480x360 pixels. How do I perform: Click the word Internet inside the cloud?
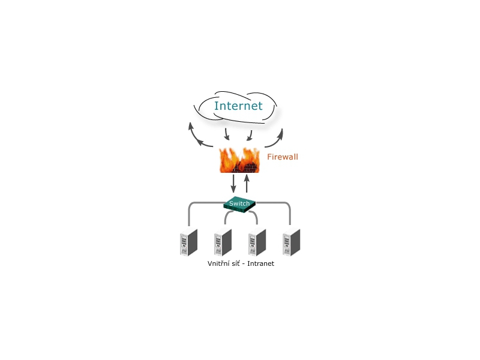pos(238,106)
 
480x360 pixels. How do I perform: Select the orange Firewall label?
pos(283,157)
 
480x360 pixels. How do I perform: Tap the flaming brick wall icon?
pos(239,160)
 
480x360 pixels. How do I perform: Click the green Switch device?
pos(239,204)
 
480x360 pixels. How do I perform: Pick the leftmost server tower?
pos(187,243)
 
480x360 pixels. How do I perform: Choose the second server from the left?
pos(221,244)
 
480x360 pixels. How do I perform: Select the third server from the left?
pos(256,244)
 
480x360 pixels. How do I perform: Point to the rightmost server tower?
pos(291,243)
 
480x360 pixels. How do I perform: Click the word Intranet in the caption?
pos(259,263)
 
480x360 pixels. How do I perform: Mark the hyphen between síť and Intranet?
pos(243,264)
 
